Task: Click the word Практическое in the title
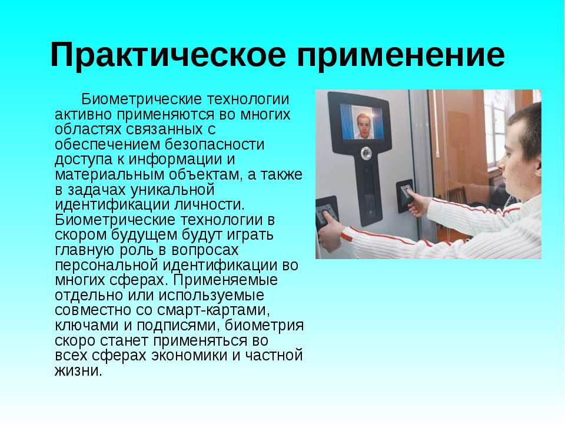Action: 168,55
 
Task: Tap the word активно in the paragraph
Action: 83,114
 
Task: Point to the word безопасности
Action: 215,144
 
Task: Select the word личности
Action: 210,205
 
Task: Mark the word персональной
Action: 107,266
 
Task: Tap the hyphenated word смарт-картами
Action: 214,310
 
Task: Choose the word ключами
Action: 87,326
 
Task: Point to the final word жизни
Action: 78,371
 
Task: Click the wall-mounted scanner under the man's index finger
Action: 404,196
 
